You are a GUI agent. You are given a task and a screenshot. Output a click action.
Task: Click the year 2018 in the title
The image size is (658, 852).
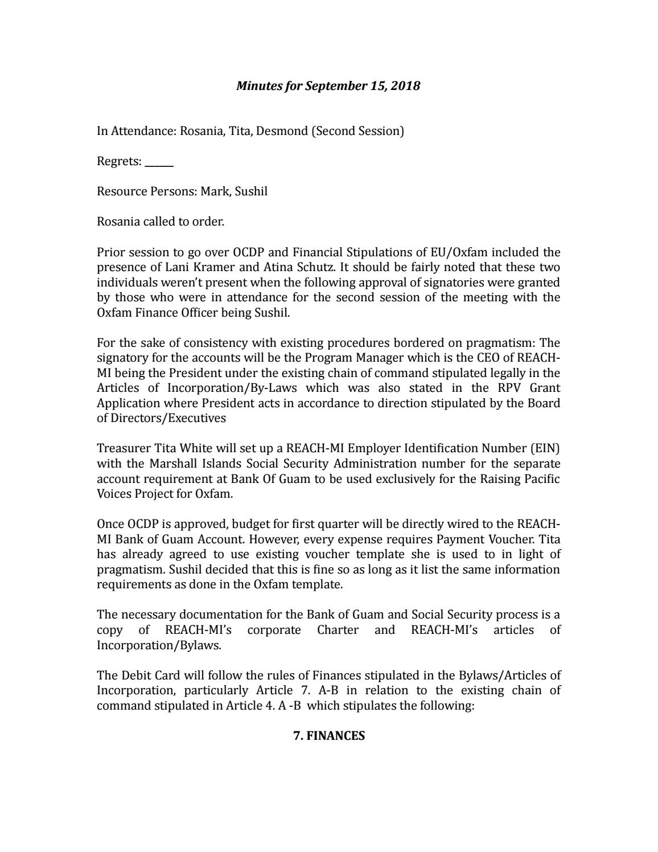[408, 86]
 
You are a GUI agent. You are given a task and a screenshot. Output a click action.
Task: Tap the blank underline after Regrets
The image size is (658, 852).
[159, 162]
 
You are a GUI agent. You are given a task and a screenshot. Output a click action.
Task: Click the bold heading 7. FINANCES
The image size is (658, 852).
[329, 735]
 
